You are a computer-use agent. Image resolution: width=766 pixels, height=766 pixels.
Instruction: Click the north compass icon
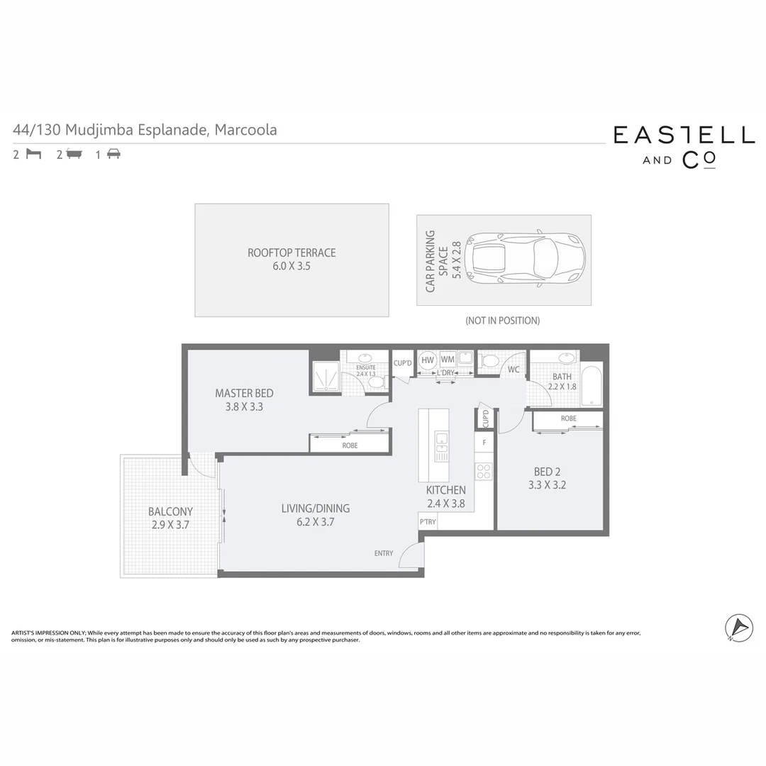point(738,628)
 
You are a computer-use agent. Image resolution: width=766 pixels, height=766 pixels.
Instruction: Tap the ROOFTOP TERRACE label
point(292,252)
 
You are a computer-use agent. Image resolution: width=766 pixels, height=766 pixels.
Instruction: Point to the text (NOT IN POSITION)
point(502,321)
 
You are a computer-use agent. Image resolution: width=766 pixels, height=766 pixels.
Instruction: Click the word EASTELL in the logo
point(684,135)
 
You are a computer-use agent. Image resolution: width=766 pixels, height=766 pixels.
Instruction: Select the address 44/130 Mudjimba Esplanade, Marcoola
point(145,130)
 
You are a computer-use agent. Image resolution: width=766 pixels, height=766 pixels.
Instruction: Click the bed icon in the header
point(33,154)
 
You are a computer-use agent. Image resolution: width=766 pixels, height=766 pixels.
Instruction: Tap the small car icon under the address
point(113,154)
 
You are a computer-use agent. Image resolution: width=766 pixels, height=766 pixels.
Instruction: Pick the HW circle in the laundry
point(427,360)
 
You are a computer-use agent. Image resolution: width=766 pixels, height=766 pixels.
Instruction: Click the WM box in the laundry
point(447,360)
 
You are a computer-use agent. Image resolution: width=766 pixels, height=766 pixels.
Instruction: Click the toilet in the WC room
point(489,362)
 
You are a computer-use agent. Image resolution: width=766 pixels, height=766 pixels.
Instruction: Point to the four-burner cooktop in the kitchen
point(484,470)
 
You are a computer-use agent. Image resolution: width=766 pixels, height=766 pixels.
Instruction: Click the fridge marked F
point(484,443)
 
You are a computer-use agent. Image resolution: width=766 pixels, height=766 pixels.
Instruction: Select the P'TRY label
point(428,522)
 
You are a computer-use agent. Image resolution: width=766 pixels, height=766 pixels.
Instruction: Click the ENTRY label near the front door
point(383,553)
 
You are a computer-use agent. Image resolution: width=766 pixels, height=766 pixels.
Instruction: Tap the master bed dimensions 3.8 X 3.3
point(243,407)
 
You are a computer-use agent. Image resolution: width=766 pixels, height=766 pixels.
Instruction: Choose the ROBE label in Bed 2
point(568,418)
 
